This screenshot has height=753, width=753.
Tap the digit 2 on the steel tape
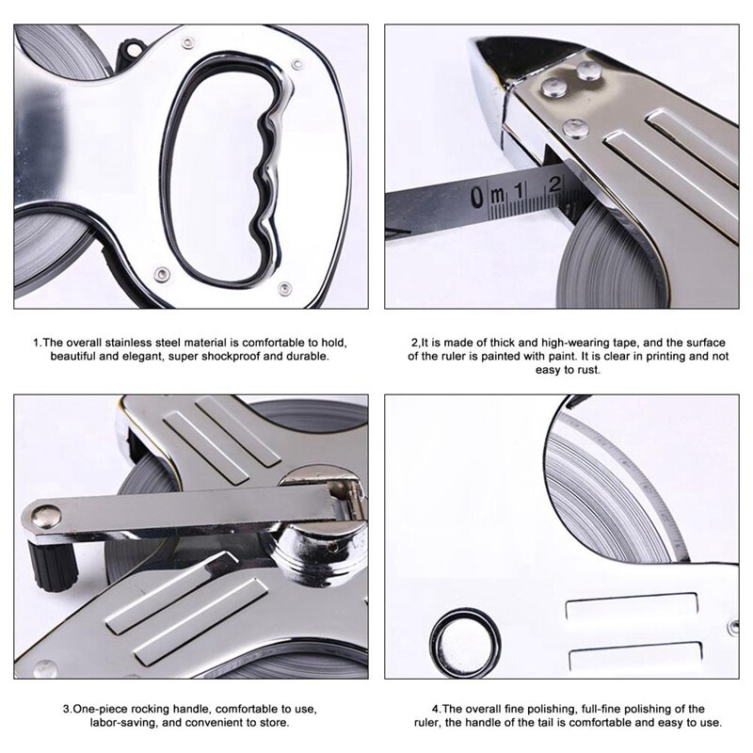pyautogui.click(x=554, y=182)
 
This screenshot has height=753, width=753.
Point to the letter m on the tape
pyautogui.click(x=499, y=195)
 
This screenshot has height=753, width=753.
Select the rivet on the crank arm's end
pyautogui.click(x=42, y=513)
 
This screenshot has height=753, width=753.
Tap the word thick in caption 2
pyautogui.click(x=485, y=342)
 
